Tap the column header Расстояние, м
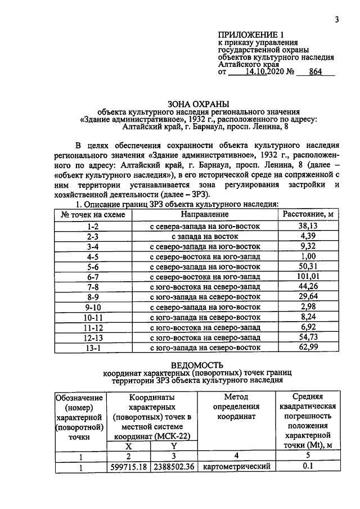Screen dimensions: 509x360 [x=309, y=214]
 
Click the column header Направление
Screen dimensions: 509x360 [x=205, y=214]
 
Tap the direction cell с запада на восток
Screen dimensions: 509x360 [x=205, y=236]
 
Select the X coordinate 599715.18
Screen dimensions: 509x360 [x=129, y=467]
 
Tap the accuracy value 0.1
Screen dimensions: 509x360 [x=307, y=467]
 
